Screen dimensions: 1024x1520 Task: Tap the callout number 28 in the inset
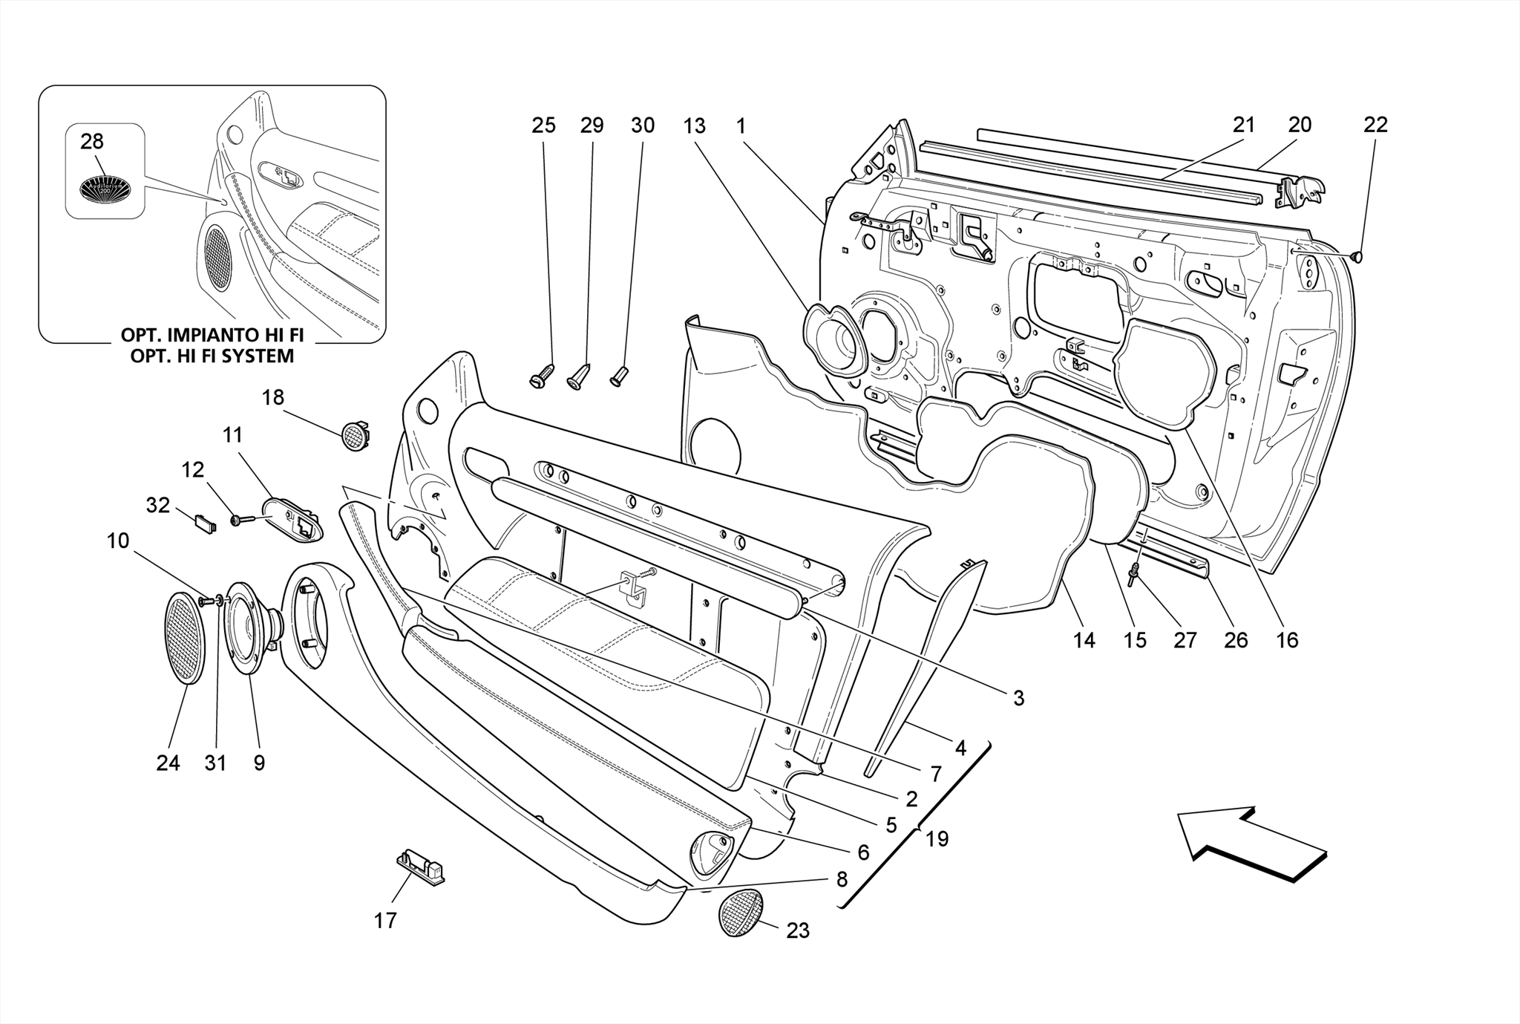pos(92,141)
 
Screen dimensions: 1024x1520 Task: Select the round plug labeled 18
pos(356,435)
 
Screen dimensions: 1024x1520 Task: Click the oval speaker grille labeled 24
pos(184,638)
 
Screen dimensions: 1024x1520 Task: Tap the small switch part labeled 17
pos(420,866)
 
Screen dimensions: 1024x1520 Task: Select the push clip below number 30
pos(619,376)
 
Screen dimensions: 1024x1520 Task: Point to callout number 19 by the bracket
pos(937,839)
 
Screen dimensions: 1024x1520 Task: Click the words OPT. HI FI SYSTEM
pos(212,356)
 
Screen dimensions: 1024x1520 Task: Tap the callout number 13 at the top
pos(695,126)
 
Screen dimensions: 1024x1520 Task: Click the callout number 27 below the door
pos(1185,640)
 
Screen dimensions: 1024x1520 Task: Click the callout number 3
pos(1018,698)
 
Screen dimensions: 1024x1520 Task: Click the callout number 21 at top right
pos(1244,125)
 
